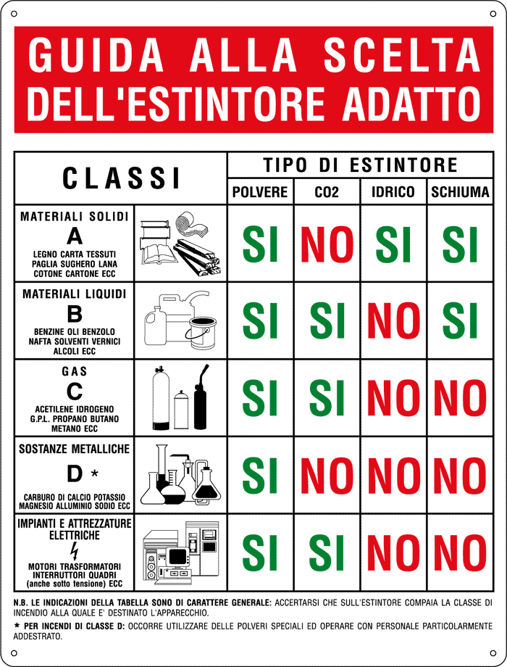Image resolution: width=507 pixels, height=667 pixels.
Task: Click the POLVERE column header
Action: pyautogui.click(x=260, y=192)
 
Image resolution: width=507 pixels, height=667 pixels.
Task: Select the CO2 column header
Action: pyautogui.click(x=327, y=192)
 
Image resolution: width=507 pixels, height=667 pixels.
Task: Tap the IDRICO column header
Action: pyautogui.click(x=393, y=192)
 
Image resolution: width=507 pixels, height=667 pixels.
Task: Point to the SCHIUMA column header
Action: pyautogui.click(x=459, y=192)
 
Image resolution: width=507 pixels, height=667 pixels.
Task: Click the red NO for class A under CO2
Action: pyautogui.click(x=327, y=244)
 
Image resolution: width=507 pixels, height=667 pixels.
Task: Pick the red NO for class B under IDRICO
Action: pyautogui.click(x=393, y=320)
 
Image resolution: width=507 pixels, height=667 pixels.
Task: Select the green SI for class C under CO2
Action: pyautogui.click(x=327, y=397)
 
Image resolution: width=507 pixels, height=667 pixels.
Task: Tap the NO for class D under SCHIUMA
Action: pyautogui.click(x=459, y=475)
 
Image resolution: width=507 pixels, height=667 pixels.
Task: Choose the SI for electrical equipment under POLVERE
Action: pyautogui.click(x=260, y=552)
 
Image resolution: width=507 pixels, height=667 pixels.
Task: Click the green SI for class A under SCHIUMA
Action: pyautogui.click(x=459, y=244)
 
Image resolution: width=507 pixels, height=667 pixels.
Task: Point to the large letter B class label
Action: pyautogui.click(x=75, y=314)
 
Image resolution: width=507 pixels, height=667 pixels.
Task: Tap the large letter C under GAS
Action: pyautogui.click(x=75, y=391)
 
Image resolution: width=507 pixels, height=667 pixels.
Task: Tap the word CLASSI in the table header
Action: pyautogui.click(x=121, y=178)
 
